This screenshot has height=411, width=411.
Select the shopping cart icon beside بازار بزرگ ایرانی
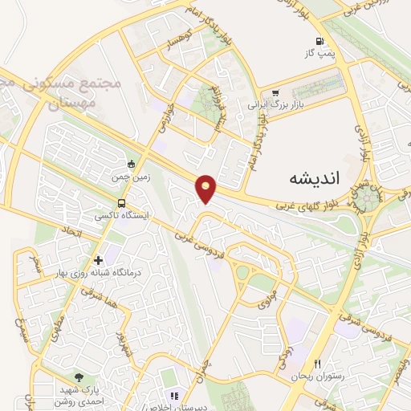276,92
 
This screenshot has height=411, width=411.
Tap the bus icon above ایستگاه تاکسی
120,203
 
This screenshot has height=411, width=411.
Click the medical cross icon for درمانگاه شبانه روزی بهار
98,260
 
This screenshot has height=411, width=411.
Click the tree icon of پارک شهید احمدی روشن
78,376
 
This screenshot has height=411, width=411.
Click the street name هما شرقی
90,304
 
